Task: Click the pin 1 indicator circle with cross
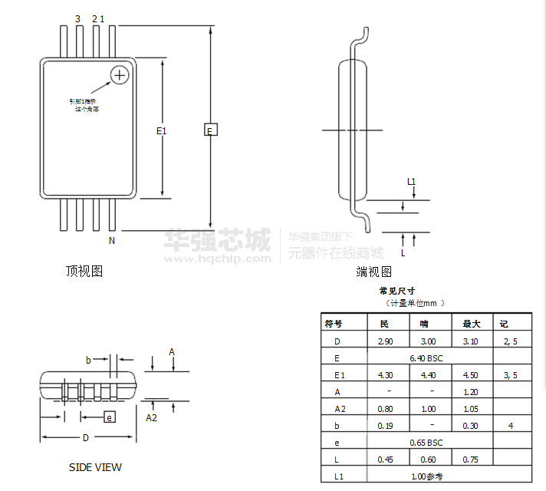119,74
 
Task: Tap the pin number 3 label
77,18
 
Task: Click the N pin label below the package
111,241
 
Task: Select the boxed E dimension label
210,130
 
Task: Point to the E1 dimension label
161,131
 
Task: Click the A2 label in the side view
152,418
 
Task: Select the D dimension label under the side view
86,438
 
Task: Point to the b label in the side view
88,359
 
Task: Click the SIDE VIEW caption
95,467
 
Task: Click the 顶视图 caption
84,271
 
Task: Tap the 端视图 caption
373,272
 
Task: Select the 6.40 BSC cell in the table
426,358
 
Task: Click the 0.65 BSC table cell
426,443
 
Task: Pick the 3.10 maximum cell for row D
470,341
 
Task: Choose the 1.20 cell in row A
470,392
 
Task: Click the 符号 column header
334,323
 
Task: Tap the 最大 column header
470,323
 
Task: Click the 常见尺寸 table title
397,292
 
